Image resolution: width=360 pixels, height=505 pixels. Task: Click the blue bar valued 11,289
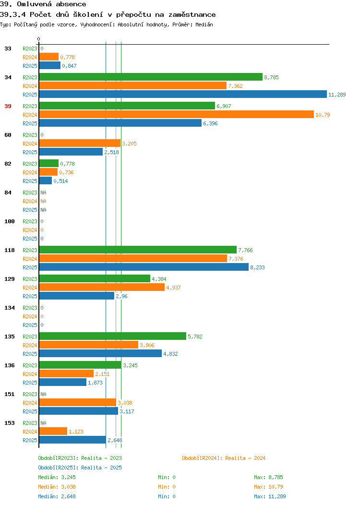[183, 95]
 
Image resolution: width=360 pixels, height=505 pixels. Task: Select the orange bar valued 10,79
[177, 115]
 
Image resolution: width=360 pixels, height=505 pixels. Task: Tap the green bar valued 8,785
[151, 77]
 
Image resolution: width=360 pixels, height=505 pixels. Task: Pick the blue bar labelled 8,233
[144, 267]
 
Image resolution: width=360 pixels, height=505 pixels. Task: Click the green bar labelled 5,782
[113, 336]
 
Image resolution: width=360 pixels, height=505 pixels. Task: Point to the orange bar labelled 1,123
[53, 431]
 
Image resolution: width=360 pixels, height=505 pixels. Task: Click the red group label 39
[8, 106]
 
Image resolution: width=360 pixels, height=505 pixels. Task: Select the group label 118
[10, 250]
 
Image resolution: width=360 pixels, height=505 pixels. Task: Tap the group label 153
[10, 423]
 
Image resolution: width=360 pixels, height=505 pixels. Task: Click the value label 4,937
[174, 288]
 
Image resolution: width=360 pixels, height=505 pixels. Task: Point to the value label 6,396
[210, 123]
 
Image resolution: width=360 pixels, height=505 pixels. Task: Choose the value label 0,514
[60, 181]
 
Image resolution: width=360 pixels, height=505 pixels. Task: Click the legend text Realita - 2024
[245, 458]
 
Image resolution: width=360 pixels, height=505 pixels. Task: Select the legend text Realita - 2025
[101, 468]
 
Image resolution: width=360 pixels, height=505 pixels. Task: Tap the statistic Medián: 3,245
[57, 477]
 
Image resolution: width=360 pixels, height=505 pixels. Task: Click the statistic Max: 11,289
[270, 496]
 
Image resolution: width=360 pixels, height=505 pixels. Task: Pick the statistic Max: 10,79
[268, 487]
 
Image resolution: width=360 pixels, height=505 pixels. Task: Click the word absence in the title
[71, 4]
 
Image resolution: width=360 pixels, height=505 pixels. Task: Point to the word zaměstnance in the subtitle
[192, 14]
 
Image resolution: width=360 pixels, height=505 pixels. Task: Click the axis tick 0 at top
[39, 39]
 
